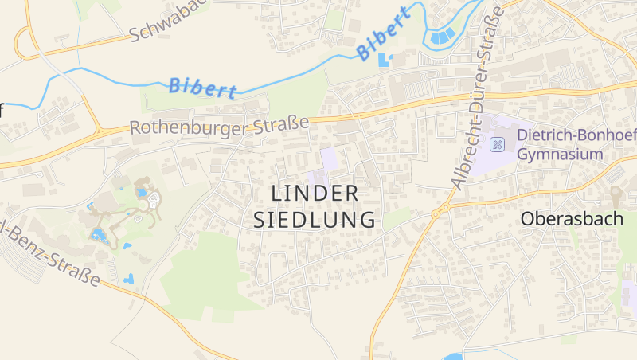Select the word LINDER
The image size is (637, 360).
[x=315, y=194]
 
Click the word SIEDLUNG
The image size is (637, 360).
[x=315, y=220]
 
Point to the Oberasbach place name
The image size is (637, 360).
[x=571, y=218]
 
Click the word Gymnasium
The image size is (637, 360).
[x=560, y=154]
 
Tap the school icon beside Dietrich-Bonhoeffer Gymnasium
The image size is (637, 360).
[x=498, y=145]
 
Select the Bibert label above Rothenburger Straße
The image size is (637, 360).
[x=202, y=87]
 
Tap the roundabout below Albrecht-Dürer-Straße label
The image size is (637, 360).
[x=437, y=213]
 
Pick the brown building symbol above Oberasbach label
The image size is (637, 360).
[x=616, y=193]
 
